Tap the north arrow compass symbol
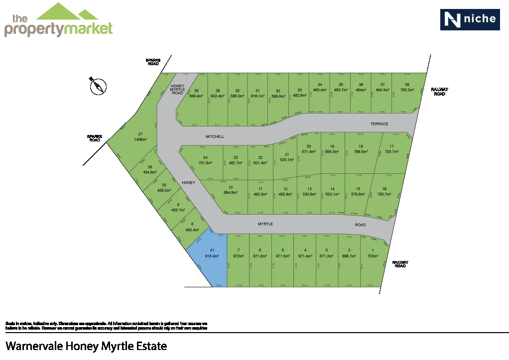(x=98, y=86)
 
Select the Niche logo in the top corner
(x=470, y=19)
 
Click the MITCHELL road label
(x=215, y=136)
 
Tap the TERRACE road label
(x=379, y=123)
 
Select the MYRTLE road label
(x=265, y=224)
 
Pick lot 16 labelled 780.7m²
(x=384, y=192)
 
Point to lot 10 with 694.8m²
(x=230, y=190)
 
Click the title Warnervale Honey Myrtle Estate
(x=86, y=346)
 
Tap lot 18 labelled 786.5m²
(x=358, y=149)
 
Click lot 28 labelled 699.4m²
(x=196, y=94)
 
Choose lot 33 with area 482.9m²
(x=298, y=93)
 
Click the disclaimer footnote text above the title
(x=106, y=326)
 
